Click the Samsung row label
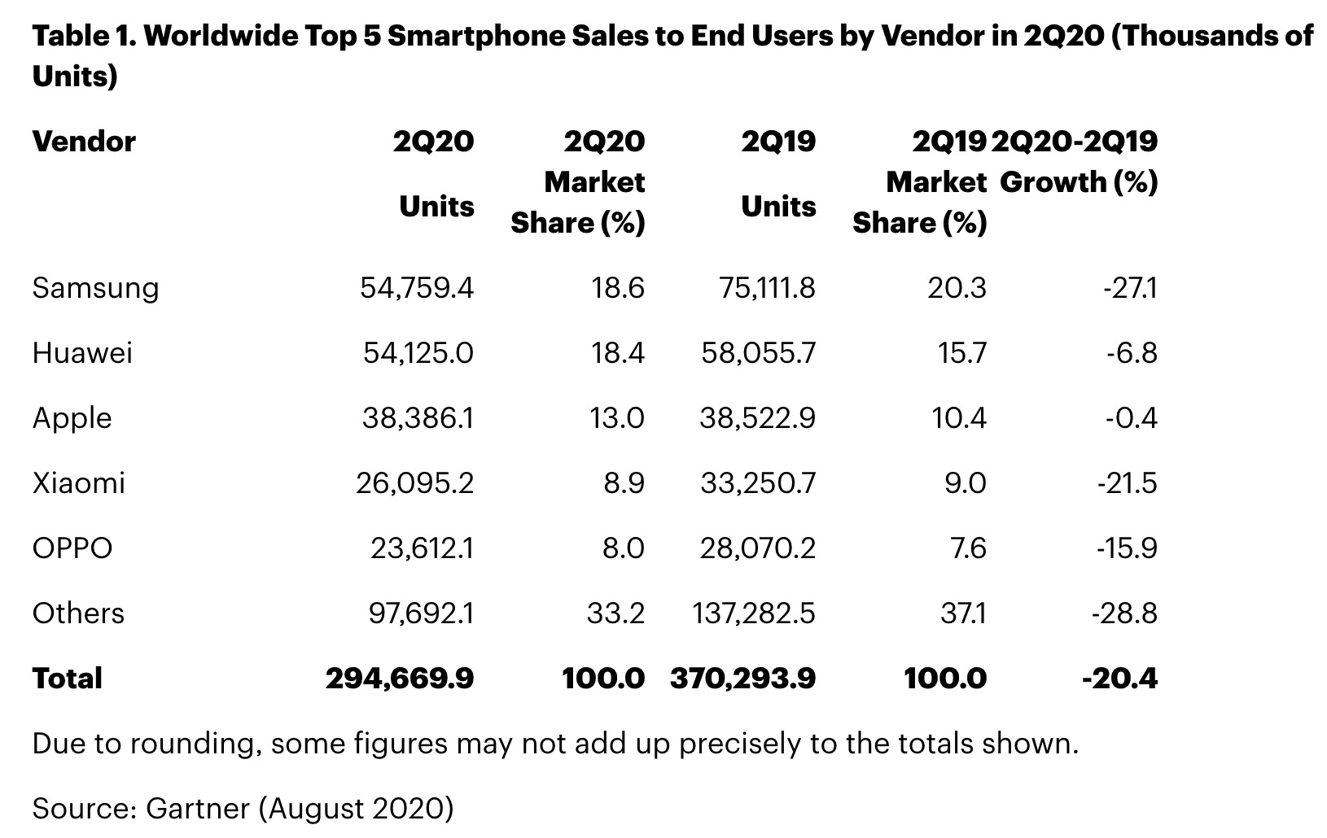click(x=95, y=288)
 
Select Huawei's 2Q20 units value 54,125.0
click(x=418, y=353)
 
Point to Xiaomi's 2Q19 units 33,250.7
click(x=757, y=483)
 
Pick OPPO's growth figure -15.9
click(x=1127, y=548)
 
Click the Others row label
click(x=78, y=613)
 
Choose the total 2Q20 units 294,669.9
click(x=400, y=679)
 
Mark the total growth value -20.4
click(x=1119, y=679)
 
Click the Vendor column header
click(x=84, y=142)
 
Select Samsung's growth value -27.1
click(x=1130, y=288)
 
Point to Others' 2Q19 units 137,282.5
click(x=753, y=613)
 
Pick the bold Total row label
click(x=68, y=679)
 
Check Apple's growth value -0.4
click(x=1131, y=418)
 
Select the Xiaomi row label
click(x=79, y=483)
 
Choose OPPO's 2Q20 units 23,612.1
click(x=422, y=548)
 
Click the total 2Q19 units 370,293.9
click(x=742, y=679)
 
